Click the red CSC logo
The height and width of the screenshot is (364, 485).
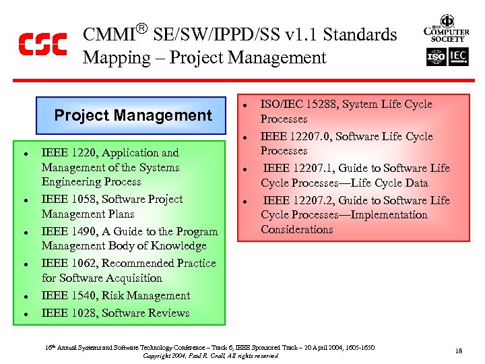[42, 44]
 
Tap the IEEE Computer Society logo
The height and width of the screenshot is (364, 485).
[446, 29]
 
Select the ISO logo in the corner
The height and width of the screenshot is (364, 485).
[437, 58]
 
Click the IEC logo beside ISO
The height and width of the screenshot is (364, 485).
[458, 58]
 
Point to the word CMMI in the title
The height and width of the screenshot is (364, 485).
[108, 35]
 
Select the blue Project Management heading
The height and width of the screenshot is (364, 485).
[133, 115]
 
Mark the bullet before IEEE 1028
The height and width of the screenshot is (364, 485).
[24, 314]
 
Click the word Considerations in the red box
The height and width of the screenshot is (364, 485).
[296, 230]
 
